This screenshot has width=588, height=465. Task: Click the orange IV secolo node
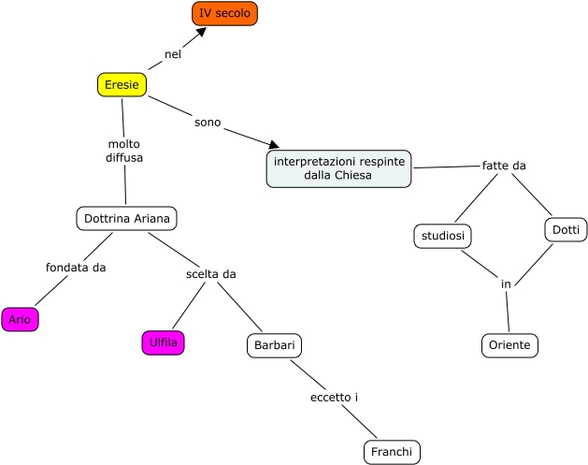[224, 13]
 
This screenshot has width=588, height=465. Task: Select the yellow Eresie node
[122, 85]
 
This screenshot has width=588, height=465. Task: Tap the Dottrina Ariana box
[126, 219]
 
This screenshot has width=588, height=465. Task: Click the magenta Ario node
[20, 320]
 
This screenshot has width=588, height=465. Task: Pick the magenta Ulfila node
[163, 343]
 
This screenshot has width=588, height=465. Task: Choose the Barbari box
[274, 346]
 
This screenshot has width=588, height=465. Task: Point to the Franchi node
[392, 453]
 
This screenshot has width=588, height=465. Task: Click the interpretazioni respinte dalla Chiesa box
[338, 169]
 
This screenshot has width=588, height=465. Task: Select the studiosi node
[442, 237]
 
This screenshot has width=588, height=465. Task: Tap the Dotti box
[566, 229]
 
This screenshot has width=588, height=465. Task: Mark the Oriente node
[510, 345]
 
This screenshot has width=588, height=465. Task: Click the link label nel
[172, 54]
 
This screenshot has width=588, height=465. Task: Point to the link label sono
[208, 122]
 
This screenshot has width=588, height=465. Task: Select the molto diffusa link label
[124, 152]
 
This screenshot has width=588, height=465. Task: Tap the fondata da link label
[76, 268]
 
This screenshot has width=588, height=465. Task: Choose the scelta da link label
[211, 274]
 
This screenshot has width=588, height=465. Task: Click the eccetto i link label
[335, 398]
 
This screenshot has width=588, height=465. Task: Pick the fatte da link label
[504, 166]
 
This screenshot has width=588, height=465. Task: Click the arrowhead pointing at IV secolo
[201, 33]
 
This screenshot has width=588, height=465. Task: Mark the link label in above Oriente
[506, 283]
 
